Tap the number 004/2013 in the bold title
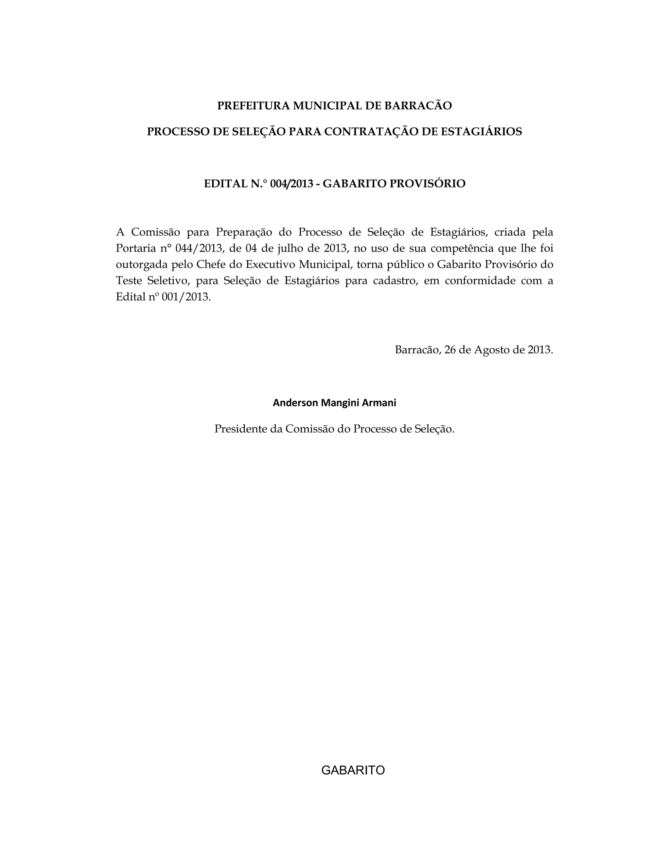tap(291, 184)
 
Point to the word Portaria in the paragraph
tap(134, 249)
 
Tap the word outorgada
tap(140, 265)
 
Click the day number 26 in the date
tap(450, 350)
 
